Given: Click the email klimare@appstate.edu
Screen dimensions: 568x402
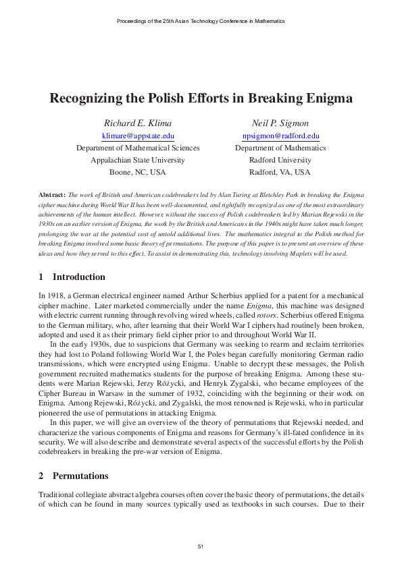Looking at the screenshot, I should pos(138,136).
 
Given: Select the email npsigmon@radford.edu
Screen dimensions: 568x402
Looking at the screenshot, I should pos(280,136).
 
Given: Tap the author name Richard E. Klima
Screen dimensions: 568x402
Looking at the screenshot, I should pos(138,123).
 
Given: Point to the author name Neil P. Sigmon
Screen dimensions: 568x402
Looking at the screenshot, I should pos(280,123).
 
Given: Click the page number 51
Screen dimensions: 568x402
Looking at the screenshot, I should pos(201,546).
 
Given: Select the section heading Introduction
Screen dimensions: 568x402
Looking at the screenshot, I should pos(78,277).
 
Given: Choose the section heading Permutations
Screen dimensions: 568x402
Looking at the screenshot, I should pos(80,476).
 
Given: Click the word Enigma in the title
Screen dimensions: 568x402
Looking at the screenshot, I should pos(329,98).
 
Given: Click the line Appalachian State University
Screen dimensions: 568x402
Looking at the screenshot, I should pos(138,161).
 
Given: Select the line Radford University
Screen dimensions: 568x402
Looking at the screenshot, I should pos(280,161).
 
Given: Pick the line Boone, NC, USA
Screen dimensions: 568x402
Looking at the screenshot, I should pos(138,173).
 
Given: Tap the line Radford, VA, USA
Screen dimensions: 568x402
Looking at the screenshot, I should pos(280,173).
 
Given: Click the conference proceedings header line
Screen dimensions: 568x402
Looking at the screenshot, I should pos(201,21).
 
